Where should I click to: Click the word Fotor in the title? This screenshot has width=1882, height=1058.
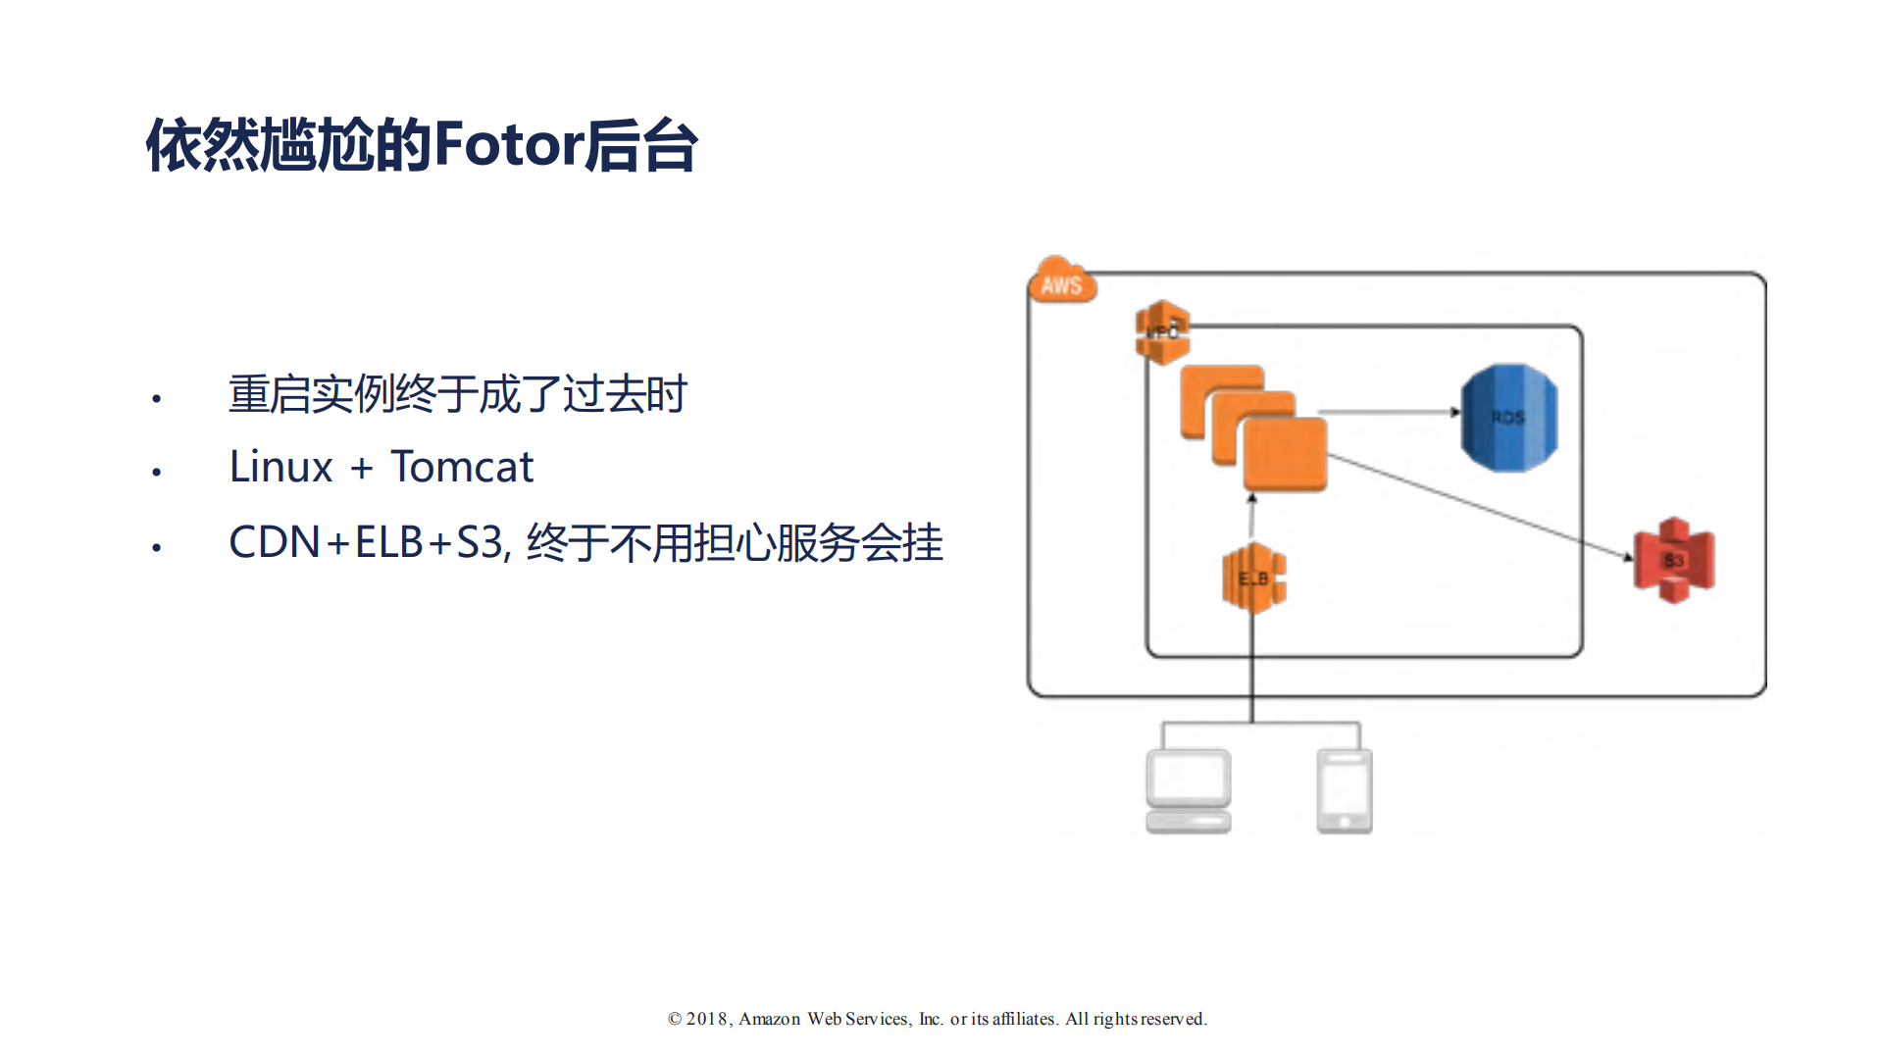pyautogui.click(x=508, y=145)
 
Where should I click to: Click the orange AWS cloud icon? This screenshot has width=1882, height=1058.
pyautogui.click(x=1061, y=281)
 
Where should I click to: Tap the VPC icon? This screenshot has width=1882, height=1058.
pyautogui.click(x=1162, y=332)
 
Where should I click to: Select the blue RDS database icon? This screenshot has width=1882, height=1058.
pyautogui.click(x=1508, y=418)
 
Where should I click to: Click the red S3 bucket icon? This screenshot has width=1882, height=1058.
pyautogui.click(x=1673, y=560)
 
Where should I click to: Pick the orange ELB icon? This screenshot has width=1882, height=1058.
pyautogui.click(x=1253, y=579)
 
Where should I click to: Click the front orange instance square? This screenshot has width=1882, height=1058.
pyautogui.click(x=1285, y=454)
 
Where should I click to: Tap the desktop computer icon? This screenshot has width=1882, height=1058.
pyautogui.click(x=1188, y=790)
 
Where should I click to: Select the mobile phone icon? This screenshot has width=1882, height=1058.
pyautogui.click(x=1344, y=790)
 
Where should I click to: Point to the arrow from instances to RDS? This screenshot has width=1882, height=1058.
pyautogui.click(x=1388, y=412)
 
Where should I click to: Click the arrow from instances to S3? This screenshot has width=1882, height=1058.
pyautogui.click(x=1481, y=507)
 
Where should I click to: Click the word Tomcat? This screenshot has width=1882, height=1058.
pyautogui.click(x=462, y=467)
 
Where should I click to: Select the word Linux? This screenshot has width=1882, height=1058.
pyautogui.click(x=280, y=467)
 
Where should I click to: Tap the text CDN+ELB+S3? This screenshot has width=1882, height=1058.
pyautogui.click(x=367, y=542)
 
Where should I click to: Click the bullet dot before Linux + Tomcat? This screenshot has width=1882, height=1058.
pyautogui.click(x=156, y=473)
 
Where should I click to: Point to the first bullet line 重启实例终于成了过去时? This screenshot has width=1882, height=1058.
pyautogui.click(x=457, y=394)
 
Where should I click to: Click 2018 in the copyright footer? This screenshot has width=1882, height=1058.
pyautogui.click(x=706, y=1019)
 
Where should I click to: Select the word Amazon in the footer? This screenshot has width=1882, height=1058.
pyautogui.click(x=769, y=1019)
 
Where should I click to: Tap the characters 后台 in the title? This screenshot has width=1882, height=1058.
pyautogui.click(x=641, y=145)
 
